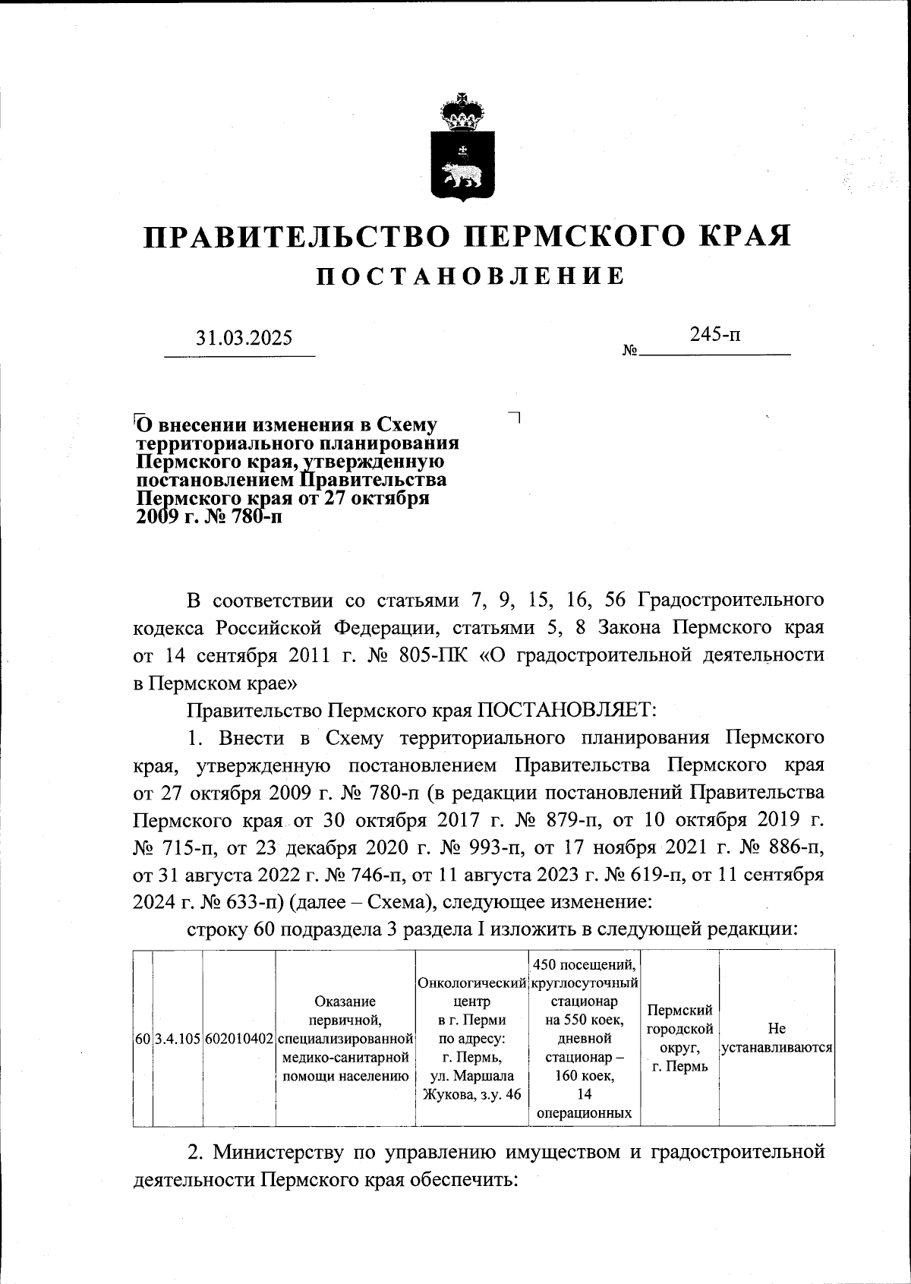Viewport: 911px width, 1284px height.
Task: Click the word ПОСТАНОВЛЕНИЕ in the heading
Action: coord(471,276)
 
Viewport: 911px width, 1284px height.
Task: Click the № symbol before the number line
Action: coord(629,351)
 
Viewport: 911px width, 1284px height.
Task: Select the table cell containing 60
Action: coord(143,1038)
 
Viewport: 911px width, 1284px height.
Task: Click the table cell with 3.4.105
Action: coord(178,1038)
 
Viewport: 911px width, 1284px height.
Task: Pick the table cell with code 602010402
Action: coord(239,1038)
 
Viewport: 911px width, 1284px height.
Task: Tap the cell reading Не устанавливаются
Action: coord(777,1038)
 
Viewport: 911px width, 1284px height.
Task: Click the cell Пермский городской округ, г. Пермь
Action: coord(679,1038)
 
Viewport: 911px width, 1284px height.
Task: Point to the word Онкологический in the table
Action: coord(471,984)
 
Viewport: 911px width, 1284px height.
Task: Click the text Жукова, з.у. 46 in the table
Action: coord(471,1094)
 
